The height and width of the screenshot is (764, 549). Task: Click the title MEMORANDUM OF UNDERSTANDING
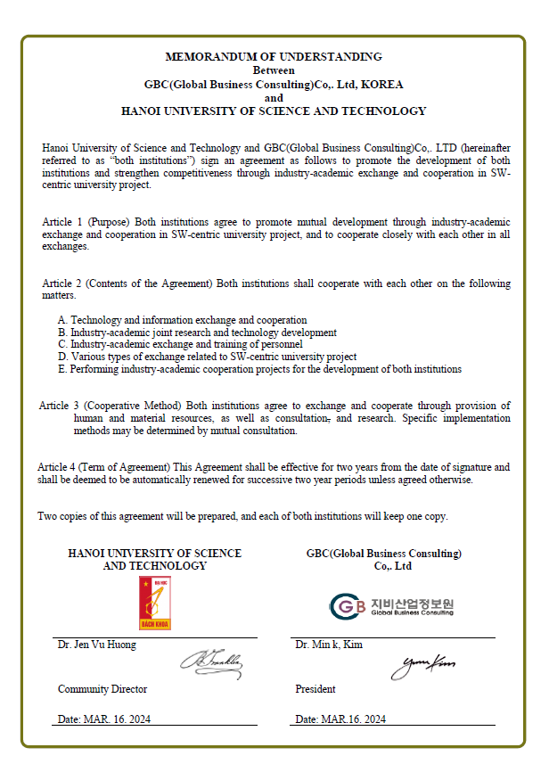click(x=274, y=56)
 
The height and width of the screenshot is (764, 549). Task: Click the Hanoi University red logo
click(x=154, y=604)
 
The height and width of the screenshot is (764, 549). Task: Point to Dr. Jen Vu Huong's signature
click(x=211, y=662)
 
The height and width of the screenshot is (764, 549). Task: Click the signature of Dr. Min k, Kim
click(x=423, y=663)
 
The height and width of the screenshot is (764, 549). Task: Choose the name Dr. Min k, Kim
click(x=329, y=645)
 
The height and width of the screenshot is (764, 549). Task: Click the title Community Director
click(x=102, y=689)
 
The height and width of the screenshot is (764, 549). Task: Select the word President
click(x=315, y=689)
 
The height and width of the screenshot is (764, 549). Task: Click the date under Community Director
click(x=105, y=719)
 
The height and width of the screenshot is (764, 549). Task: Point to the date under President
click(x=340, y=719)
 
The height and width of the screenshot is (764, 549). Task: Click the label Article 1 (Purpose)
click(x=86, y=221)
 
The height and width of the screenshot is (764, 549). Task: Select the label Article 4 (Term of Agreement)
click(x=103, y=466)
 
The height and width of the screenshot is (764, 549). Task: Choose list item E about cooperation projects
click(x=259, y=368)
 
